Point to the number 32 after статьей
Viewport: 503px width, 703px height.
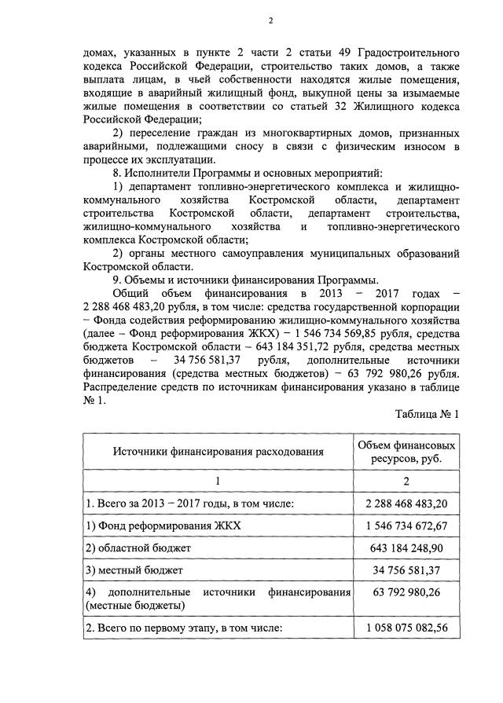pyautogui.click(x=328, y=105)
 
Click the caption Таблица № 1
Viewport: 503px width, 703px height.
pyautogui.click(x=427, y=412)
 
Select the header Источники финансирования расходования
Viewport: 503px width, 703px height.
pyautogui.click(x=218, y=452)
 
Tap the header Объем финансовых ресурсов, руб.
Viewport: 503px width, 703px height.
pyautogui.click(x=406, y=452)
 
